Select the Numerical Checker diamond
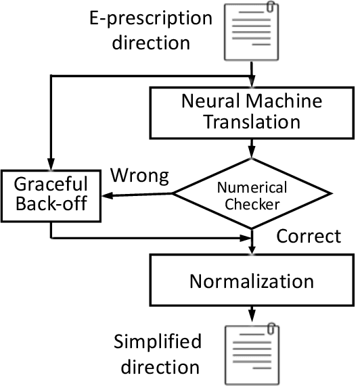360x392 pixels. click(x=252, y=194)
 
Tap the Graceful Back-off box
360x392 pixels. click(x=51, y=194)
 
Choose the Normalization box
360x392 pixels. click(x=252, y=280)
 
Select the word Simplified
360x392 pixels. click(x=157, y=342)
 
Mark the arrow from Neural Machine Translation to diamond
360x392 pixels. click(x=252, y=147)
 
